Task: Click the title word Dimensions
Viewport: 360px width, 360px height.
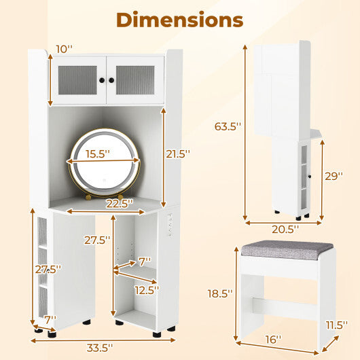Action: [180, 20]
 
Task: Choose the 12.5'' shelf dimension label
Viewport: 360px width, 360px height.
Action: [146, 290]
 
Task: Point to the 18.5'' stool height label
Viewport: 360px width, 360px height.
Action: [220, 293]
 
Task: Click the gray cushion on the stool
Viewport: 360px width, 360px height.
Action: [278, 250]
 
